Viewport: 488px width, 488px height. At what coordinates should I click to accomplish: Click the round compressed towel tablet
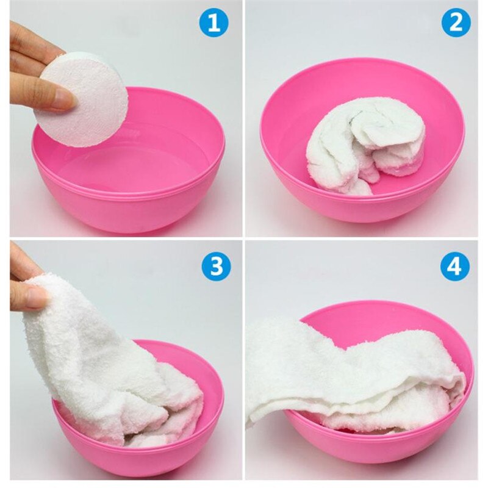[82, 101]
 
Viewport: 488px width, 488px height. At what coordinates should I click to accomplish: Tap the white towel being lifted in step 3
[91, 360]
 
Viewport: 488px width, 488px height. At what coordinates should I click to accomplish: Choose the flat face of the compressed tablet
[85, 104]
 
